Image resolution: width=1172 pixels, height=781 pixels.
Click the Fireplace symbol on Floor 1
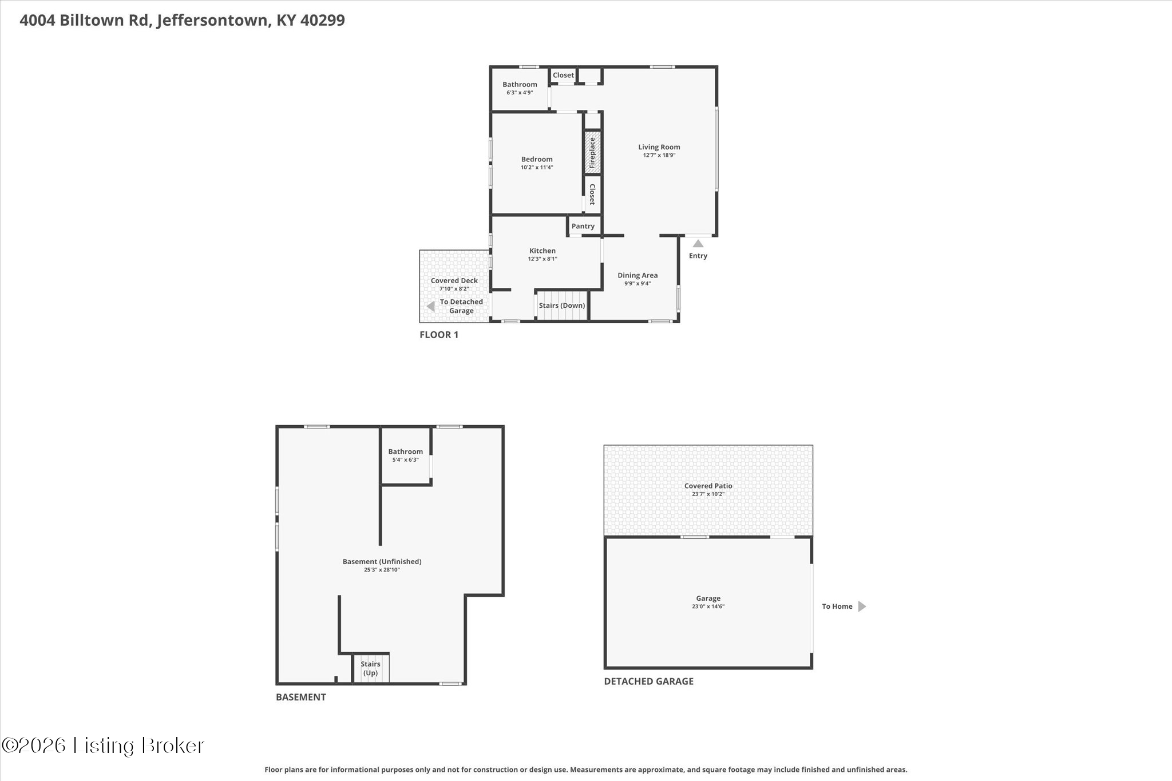(x=592, y=153)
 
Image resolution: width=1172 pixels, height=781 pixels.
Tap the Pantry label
(x=583, y=226)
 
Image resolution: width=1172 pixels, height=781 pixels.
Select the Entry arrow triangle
(x=698, y=244)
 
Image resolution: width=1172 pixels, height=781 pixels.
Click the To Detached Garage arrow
(x=431, y=307)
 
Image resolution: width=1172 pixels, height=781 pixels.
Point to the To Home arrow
(x=862, y=606)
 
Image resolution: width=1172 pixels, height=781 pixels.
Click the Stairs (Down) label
(x=562, y=306)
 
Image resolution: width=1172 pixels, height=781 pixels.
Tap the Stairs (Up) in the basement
(x=370, y=668)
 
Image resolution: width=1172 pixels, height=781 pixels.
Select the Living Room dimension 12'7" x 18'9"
(x=659, y=155)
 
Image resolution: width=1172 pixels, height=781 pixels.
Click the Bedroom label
(x=537, y=159)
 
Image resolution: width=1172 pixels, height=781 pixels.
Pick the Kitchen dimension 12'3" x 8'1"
(x=543, y=259)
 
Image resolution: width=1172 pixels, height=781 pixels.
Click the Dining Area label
(x=638, y=275)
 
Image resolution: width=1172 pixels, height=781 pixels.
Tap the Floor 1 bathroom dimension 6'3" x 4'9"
(x=520, y=92)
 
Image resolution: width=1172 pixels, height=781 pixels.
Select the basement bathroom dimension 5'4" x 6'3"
(x=405, y=459)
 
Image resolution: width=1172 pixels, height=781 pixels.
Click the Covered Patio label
(x=708, y=486)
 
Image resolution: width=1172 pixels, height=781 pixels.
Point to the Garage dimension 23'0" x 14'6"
(x=708, y=606)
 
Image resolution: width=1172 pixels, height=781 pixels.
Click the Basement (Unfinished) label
(x=382, y=561)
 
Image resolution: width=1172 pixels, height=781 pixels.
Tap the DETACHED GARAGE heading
(x=649, y=681)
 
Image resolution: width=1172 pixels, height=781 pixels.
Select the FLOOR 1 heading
(x=439, y=335)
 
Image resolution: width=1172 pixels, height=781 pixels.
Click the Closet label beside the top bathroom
(x=563, y=75)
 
